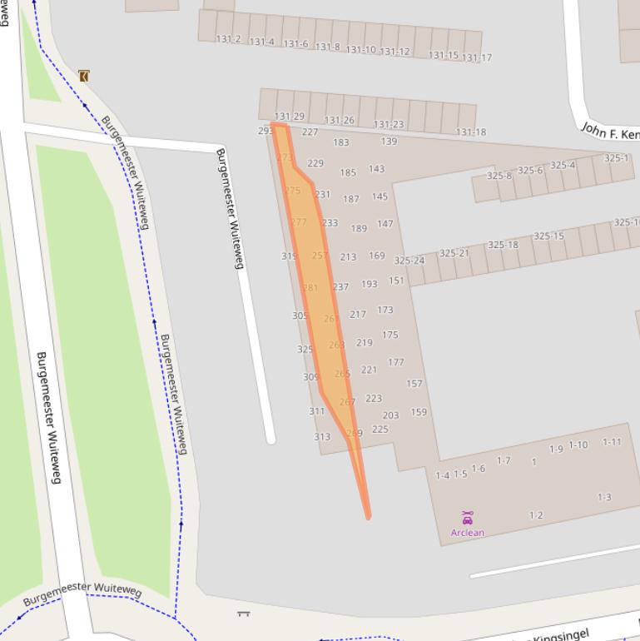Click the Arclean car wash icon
tap(468, 518)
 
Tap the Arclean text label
tap(468, 533)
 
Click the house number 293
tap(265, 131)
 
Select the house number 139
tap(389, 142)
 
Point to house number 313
tap(322, 437)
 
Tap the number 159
tap(419, 412)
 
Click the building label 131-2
tap(228, 39)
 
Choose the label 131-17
tap(477, 58)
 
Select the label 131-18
tap(471, 132)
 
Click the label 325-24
tap(409, 261)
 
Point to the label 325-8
tap(499, 176)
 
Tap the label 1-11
tap(612, 442)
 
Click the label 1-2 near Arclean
tap(536, 515)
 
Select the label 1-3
tap(604, 497)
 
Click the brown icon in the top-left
tap(83, 76)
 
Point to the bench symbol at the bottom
tap(244, 614)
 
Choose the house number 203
tap(390, 415)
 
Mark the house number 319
tap(289, 256)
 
